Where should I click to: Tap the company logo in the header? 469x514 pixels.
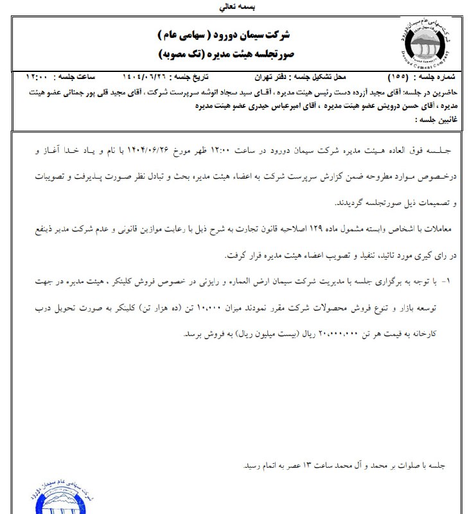421,45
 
